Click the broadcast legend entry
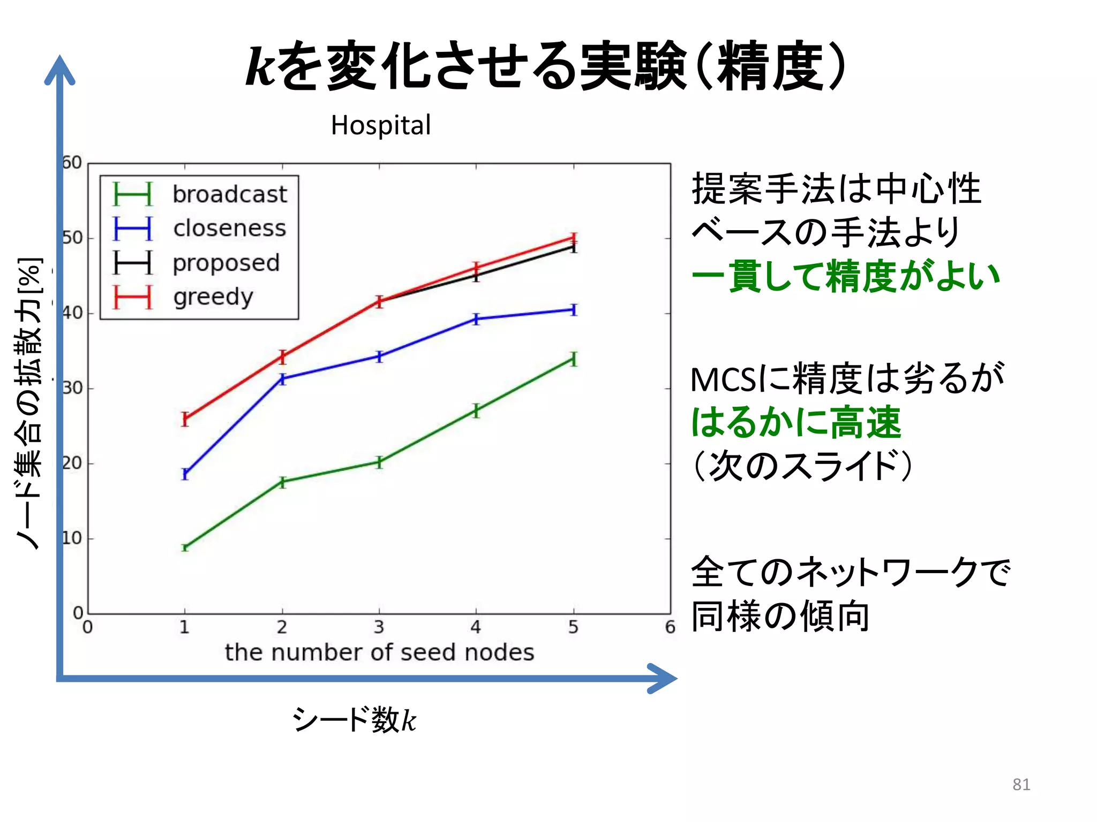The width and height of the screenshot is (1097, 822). (229, 194)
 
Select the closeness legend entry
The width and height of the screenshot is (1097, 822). (229, 229)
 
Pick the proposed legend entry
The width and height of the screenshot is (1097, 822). (226, 263)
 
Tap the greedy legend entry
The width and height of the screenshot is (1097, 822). (213, 297)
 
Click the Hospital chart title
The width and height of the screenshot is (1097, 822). (380, 125)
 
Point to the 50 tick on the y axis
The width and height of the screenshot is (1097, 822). (72, 238)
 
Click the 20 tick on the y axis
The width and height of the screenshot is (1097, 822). (72, 463)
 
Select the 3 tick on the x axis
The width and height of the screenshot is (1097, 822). (379, 627)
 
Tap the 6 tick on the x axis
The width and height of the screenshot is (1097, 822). (670, 627)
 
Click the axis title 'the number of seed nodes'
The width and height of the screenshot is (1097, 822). (379, 652)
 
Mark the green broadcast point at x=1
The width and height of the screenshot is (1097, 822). (185, 547)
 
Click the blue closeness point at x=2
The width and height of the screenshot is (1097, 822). (282, 379)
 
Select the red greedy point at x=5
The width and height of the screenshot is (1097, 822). (574, 238)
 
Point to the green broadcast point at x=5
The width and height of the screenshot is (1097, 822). (574, 359)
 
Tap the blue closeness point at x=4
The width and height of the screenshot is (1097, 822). (476, 319)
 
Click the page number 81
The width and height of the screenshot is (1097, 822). (1021, 784)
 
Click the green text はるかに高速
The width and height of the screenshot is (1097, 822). (796, 423)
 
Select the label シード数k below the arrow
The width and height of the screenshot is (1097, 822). (354, 719)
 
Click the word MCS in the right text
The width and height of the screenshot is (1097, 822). (723, 380)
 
